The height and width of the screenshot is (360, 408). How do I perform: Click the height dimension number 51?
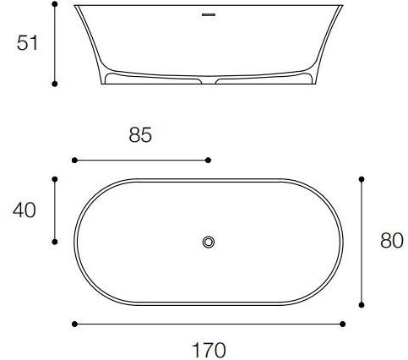(x=28, y=43)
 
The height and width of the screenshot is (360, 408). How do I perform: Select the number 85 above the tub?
(x=140, y=134)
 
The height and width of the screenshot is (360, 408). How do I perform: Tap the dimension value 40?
(x=24, y=210)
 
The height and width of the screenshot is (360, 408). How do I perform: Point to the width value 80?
(x=391, y=241)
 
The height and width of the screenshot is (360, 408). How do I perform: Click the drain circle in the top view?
(x=209, y=243)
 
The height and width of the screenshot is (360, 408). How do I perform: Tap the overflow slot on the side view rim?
(x=209, y=14)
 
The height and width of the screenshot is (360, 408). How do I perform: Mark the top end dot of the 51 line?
(x=55, y=4)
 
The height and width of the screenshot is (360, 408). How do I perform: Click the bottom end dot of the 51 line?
(x=55, y=84)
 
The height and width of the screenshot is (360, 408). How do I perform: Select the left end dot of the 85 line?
(x=74, y=159)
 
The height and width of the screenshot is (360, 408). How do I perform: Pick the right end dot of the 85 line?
(x=209, y=159)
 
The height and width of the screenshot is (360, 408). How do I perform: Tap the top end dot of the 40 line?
(x=55, y=179)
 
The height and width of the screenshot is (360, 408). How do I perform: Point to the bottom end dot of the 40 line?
(x=55, y=242)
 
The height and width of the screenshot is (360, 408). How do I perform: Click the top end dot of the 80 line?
(x=362, y=179)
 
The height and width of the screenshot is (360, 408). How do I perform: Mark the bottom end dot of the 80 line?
(x=362, y=304)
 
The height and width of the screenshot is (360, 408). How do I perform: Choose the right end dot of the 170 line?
(x=343, y=324)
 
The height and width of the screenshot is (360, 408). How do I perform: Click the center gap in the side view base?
(x=209, y=83)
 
